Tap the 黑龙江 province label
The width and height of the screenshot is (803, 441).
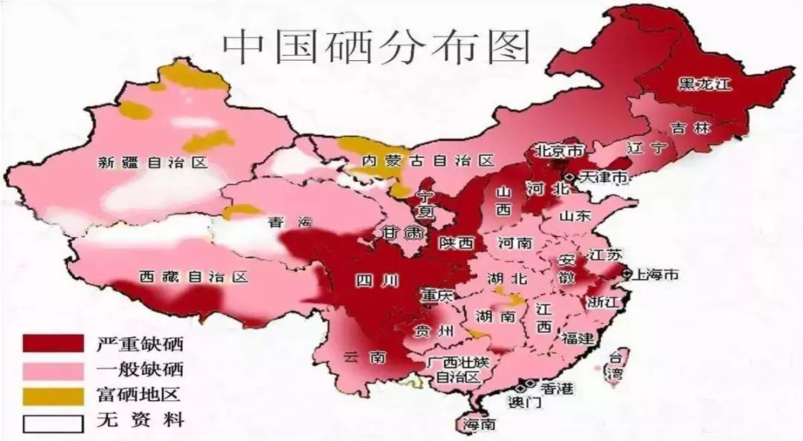[704, 83]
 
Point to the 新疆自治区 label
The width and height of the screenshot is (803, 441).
[153, 163]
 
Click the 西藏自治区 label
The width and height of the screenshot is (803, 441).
[193, 277]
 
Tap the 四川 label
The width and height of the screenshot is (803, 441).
[376, 280]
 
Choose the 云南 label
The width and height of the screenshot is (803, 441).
[366, 357]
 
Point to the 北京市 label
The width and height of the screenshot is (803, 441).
[559, 151]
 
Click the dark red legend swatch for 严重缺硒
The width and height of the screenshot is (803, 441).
[53, 344]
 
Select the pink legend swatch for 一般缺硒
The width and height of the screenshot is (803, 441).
[53, 369]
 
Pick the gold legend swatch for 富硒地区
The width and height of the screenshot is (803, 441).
[53, 395]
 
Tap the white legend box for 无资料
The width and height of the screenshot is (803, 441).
[53, 421]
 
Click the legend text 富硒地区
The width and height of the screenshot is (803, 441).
[139, 395]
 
